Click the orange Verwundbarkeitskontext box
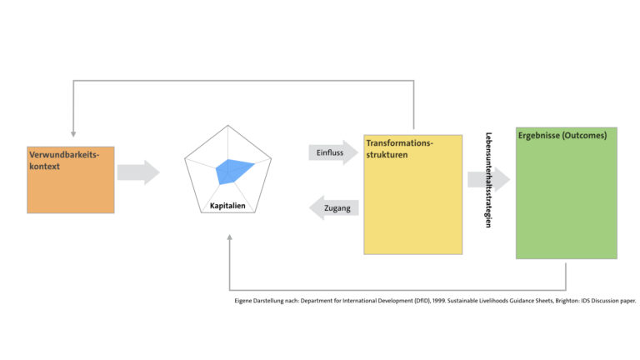pos(71,180)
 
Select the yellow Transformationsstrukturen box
pos(413,195)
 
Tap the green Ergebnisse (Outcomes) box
pos(567,193)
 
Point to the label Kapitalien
pos(227,206)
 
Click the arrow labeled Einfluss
pos(333,152)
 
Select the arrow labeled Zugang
pos(334,207)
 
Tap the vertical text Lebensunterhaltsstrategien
pos(488,180)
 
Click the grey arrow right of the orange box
pos(138,172)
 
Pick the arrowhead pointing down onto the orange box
pos(73,134)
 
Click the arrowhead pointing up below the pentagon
pos(230,237)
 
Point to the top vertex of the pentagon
pos(227,125)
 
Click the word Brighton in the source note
pos(567,301)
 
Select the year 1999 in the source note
pos(439,301)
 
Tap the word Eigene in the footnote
pos(242,301)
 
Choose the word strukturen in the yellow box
pos(387,155)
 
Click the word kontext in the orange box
pos(44,167)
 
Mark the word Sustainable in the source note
pos(462,301)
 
